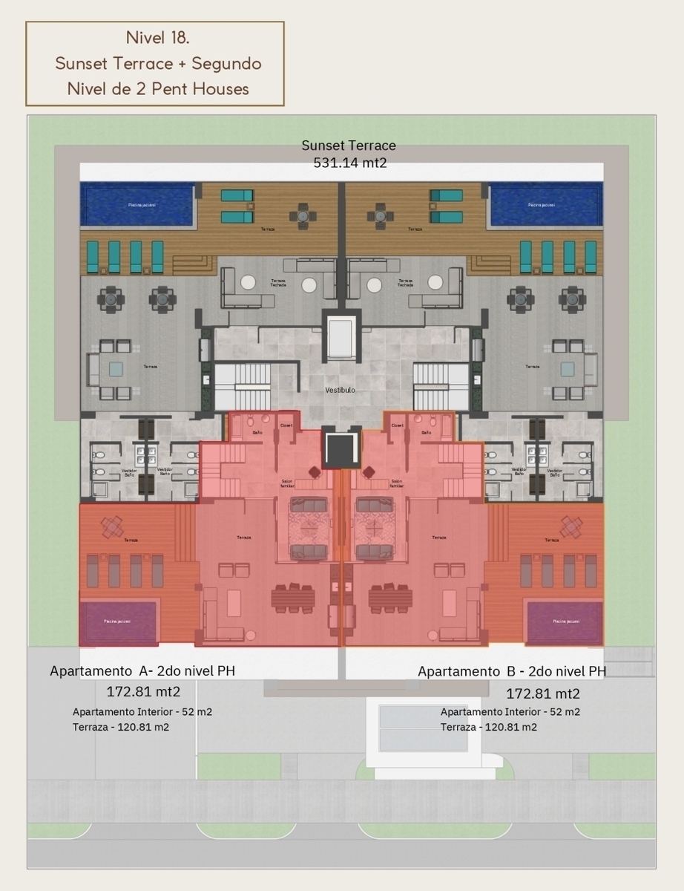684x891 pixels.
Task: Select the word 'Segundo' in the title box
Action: coord(226,63)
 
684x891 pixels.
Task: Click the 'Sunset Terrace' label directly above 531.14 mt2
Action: coord(349,146)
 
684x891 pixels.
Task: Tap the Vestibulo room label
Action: coord(340,389)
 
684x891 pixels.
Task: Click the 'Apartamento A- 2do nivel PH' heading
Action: coord(142,670)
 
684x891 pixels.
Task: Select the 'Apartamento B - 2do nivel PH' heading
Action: coord(512,671)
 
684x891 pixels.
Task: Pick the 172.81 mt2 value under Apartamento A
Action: coord(143,692)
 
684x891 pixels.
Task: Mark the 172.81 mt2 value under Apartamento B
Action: coord(542,694)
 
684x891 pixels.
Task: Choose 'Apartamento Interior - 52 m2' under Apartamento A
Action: coord(142,711)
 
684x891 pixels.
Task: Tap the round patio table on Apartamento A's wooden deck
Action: coord(112,526)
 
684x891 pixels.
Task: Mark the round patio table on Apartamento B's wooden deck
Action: coord(571,526)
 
